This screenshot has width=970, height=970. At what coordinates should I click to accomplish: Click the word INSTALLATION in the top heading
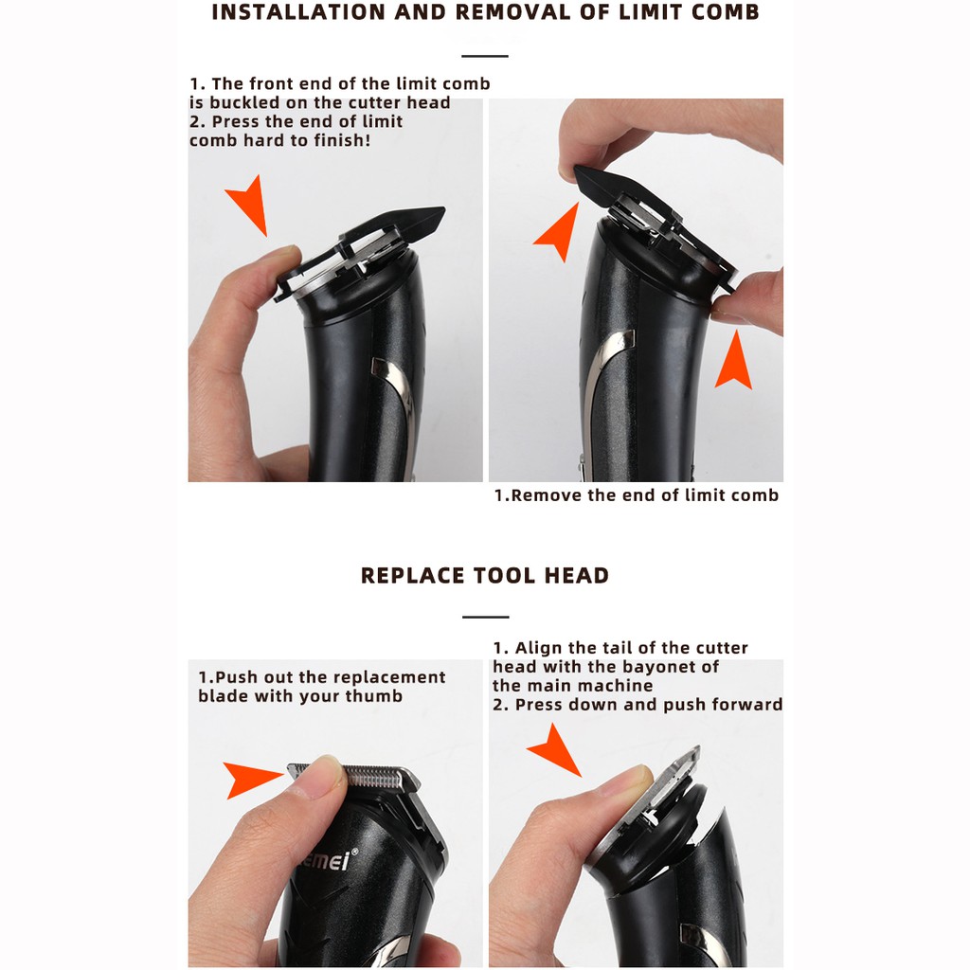coord(298,12)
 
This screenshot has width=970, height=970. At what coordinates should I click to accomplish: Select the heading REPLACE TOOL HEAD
coord(485,575)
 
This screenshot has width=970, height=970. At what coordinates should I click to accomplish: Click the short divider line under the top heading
coord(485,56)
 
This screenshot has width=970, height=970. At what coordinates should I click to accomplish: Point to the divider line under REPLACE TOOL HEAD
coord(486,617)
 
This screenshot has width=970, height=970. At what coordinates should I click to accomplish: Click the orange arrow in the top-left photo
coord(250,205)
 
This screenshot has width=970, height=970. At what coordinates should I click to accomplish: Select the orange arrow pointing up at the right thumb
coord(734,362)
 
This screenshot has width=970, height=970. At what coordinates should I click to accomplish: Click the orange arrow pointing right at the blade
coord(252,780)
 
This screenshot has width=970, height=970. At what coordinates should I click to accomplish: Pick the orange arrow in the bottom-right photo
coord(555,750)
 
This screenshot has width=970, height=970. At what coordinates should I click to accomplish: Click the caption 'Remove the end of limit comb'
coord(636,495)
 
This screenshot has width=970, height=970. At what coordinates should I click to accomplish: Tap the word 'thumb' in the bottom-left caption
coord(374,696)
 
